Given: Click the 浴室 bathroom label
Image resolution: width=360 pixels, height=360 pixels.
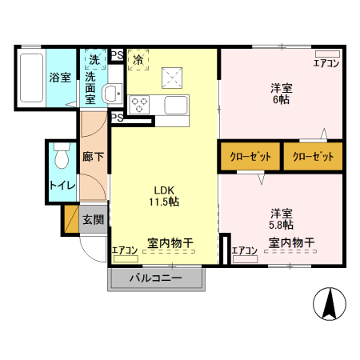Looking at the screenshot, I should tap(60, 78).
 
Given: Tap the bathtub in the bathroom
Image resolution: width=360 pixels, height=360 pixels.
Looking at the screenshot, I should tap(30, 78).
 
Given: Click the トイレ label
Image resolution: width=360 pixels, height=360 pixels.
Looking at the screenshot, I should tap(62, 186).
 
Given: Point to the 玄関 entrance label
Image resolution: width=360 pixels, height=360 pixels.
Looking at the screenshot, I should tap(93, 219).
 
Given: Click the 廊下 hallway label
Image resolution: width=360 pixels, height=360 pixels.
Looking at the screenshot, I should tap(93, 157).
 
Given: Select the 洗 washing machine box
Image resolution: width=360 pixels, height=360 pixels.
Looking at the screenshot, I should tap(94, 58).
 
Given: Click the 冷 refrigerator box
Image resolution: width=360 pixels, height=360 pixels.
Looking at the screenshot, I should tap(138, 58).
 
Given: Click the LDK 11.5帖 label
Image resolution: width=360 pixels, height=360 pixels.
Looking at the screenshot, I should tap(163, 195).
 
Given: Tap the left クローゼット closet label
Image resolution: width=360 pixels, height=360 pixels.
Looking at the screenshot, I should tap(250, 156).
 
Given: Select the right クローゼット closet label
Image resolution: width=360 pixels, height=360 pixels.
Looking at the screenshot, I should tap(312, 156).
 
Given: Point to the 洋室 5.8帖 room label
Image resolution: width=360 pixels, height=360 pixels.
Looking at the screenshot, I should tap(280, 219).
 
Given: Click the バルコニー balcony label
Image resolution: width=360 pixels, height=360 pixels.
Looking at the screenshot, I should tap(156, 278).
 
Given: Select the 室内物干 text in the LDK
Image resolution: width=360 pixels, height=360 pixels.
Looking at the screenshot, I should tap(170, 242).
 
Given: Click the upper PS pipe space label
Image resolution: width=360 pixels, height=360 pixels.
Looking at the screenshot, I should tap(117, 55).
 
